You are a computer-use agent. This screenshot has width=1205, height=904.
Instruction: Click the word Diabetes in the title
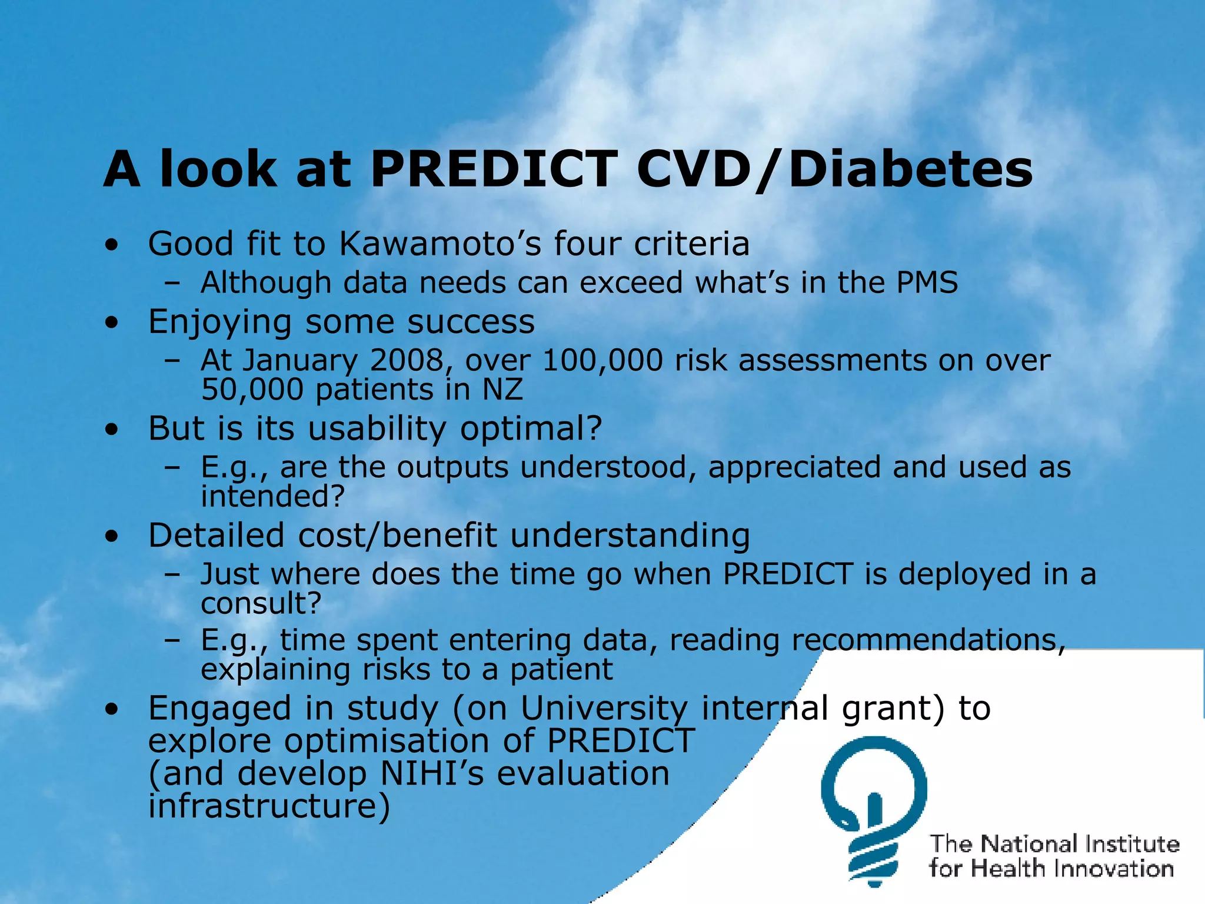910,169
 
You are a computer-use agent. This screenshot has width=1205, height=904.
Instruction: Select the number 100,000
602,360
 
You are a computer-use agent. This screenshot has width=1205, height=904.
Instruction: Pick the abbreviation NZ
503,390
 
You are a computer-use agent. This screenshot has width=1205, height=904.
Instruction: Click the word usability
377,428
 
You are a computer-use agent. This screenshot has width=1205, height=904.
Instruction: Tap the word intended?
272,496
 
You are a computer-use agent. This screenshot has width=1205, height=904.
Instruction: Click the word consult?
261,603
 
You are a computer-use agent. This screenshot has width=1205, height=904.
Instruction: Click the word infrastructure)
269,806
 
